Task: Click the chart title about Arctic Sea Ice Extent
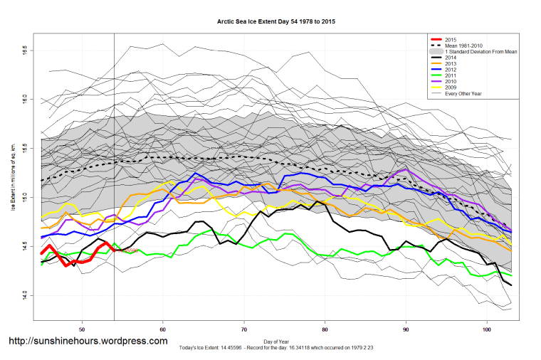(275, 21)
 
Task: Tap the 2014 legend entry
(451, 58)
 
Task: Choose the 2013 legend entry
(451, 65)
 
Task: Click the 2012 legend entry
(451, 71)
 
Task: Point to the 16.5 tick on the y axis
(25, 51)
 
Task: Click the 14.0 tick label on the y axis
(25, 293)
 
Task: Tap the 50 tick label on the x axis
(83, 329)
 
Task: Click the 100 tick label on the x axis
(487, 329)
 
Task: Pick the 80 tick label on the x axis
(325, 329)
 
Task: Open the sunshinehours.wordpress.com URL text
(88, 342)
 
